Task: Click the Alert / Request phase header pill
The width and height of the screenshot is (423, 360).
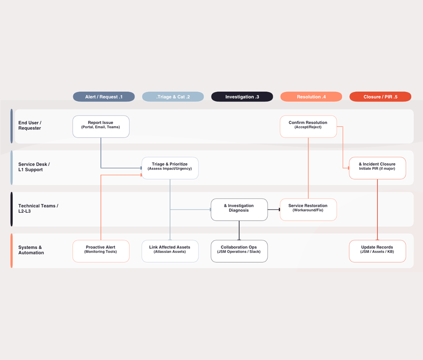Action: pos(104,97)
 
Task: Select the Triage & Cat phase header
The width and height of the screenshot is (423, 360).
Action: pos(173,97)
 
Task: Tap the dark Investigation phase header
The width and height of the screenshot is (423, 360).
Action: pos(242,97)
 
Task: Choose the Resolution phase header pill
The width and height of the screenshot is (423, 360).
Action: pos(311,97)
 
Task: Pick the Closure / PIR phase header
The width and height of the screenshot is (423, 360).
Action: pos(380,97)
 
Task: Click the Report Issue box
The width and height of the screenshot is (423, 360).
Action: pos(101,127)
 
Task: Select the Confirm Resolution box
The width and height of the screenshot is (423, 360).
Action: pos(308,127)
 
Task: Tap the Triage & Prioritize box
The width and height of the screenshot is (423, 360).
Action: pos(170,168)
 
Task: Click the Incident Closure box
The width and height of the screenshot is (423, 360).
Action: pos(377,168)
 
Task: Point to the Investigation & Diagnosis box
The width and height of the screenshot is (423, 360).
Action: pos(239,210)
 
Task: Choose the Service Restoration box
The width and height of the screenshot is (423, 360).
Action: pos(308,210)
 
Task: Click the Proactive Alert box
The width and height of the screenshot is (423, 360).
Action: pos(101,251)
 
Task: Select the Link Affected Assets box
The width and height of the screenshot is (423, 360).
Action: pos(170,251)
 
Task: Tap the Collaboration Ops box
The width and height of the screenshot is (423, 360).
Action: pos(239,251)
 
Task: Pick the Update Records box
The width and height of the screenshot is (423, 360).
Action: pos(377,251)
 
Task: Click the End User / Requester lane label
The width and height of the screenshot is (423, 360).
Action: pos(30,125)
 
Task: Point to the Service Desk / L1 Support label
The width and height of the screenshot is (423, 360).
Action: pos(34,167)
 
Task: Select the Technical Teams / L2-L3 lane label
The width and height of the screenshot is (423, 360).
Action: pos(38,209)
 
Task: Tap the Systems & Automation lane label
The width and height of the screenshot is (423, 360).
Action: pos(31,250)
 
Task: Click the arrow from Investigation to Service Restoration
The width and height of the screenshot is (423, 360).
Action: pos(274,210)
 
